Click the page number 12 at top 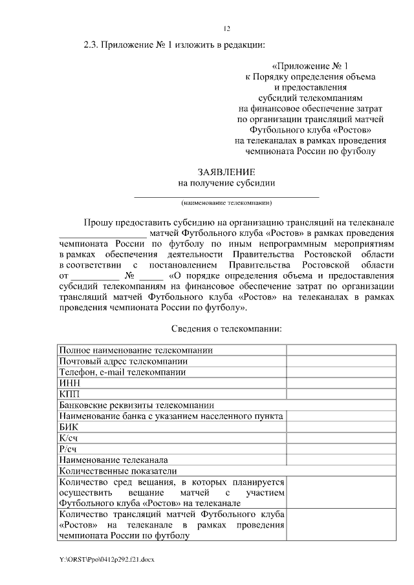pyautogui.click(x=226, y=28)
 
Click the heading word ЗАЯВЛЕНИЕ pyautogui.click(x=226, y=172)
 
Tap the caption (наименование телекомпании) pyautogui.click(x=226, y=202)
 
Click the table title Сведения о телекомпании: pyautogui.click(x=226, y=328)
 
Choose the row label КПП pyautogui.click(x=69, y=394)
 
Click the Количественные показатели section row pyautogui.click(x=117, y=471)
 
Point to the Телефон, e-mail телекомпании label pyautogui.click(x=122, y=372)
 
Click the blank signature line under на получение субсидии pyautogui.click(x=226, y=195)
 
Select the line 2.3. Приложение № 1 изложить pyautogui.click(x=175, y=45)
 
